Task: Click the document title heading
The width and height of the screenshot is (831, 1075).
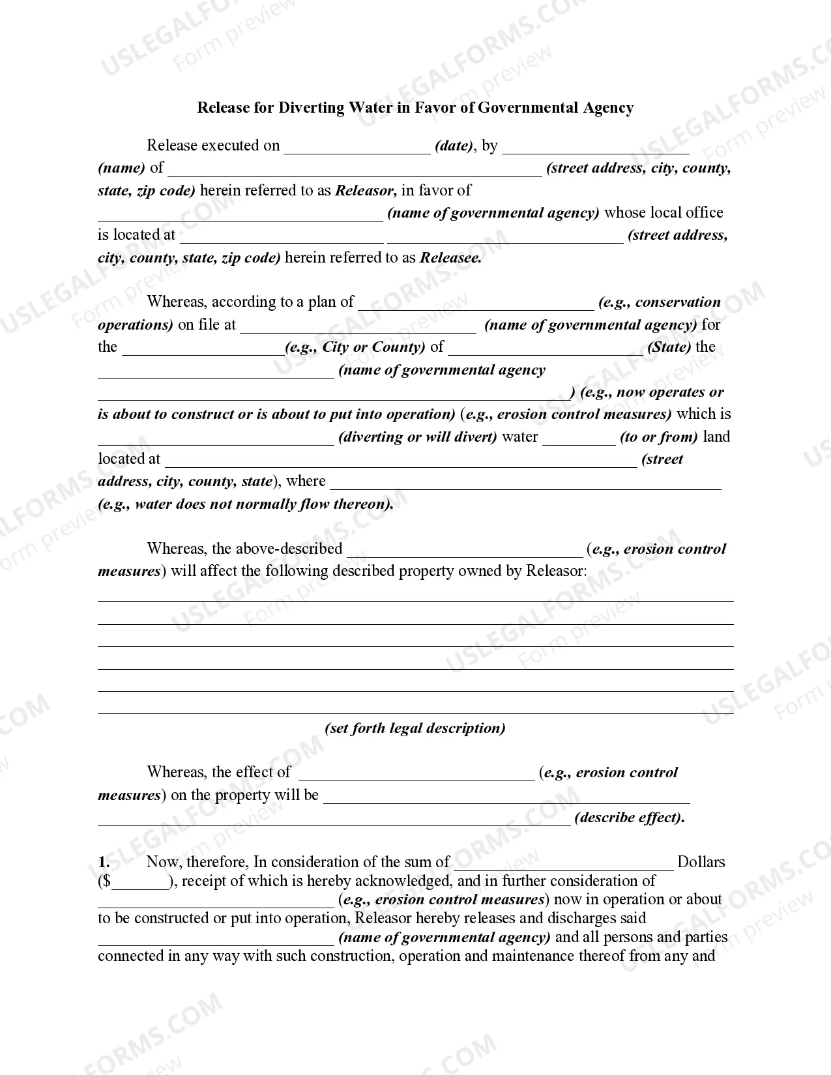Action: (415, 107)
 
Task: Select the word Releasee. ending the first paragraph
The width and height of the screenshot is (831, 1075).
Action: (451, 257)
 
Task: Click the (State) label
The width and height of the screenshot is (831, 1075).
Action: (669, 347)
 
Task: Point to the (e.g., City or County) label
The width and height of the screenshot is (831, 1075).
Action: (355, 347)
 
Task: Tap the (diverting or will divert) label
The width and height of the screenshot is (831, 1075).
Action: (418, 437)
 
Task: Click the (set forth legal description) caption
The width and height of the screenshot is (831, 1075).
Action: (415, 728)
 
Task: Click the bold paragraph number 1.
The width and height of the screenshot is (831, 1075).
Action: (104, 862)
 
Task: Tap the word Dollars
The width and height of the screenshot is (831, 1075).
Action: (701, 862)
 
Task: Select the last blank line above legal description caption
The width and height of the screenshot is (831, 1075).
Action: (415, 710)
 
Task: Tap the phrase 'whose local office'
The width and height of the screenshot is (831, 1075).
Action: (663, 212)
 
